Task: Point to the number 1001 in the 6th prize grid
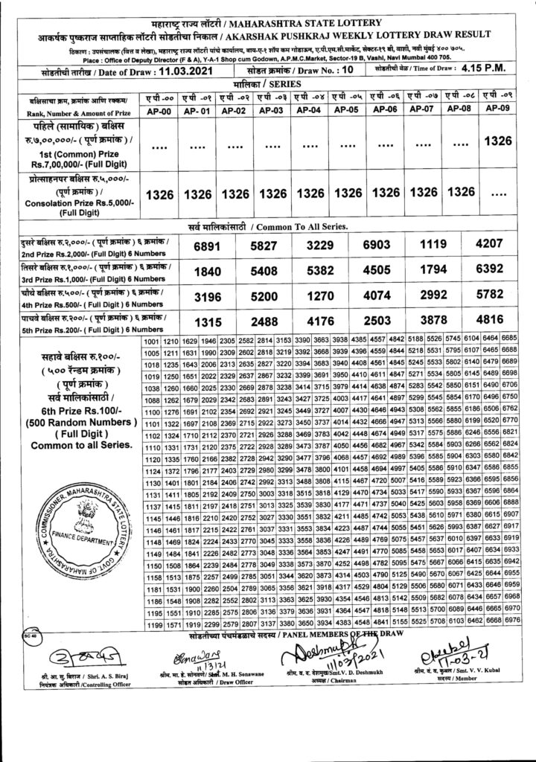[150, 341]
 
